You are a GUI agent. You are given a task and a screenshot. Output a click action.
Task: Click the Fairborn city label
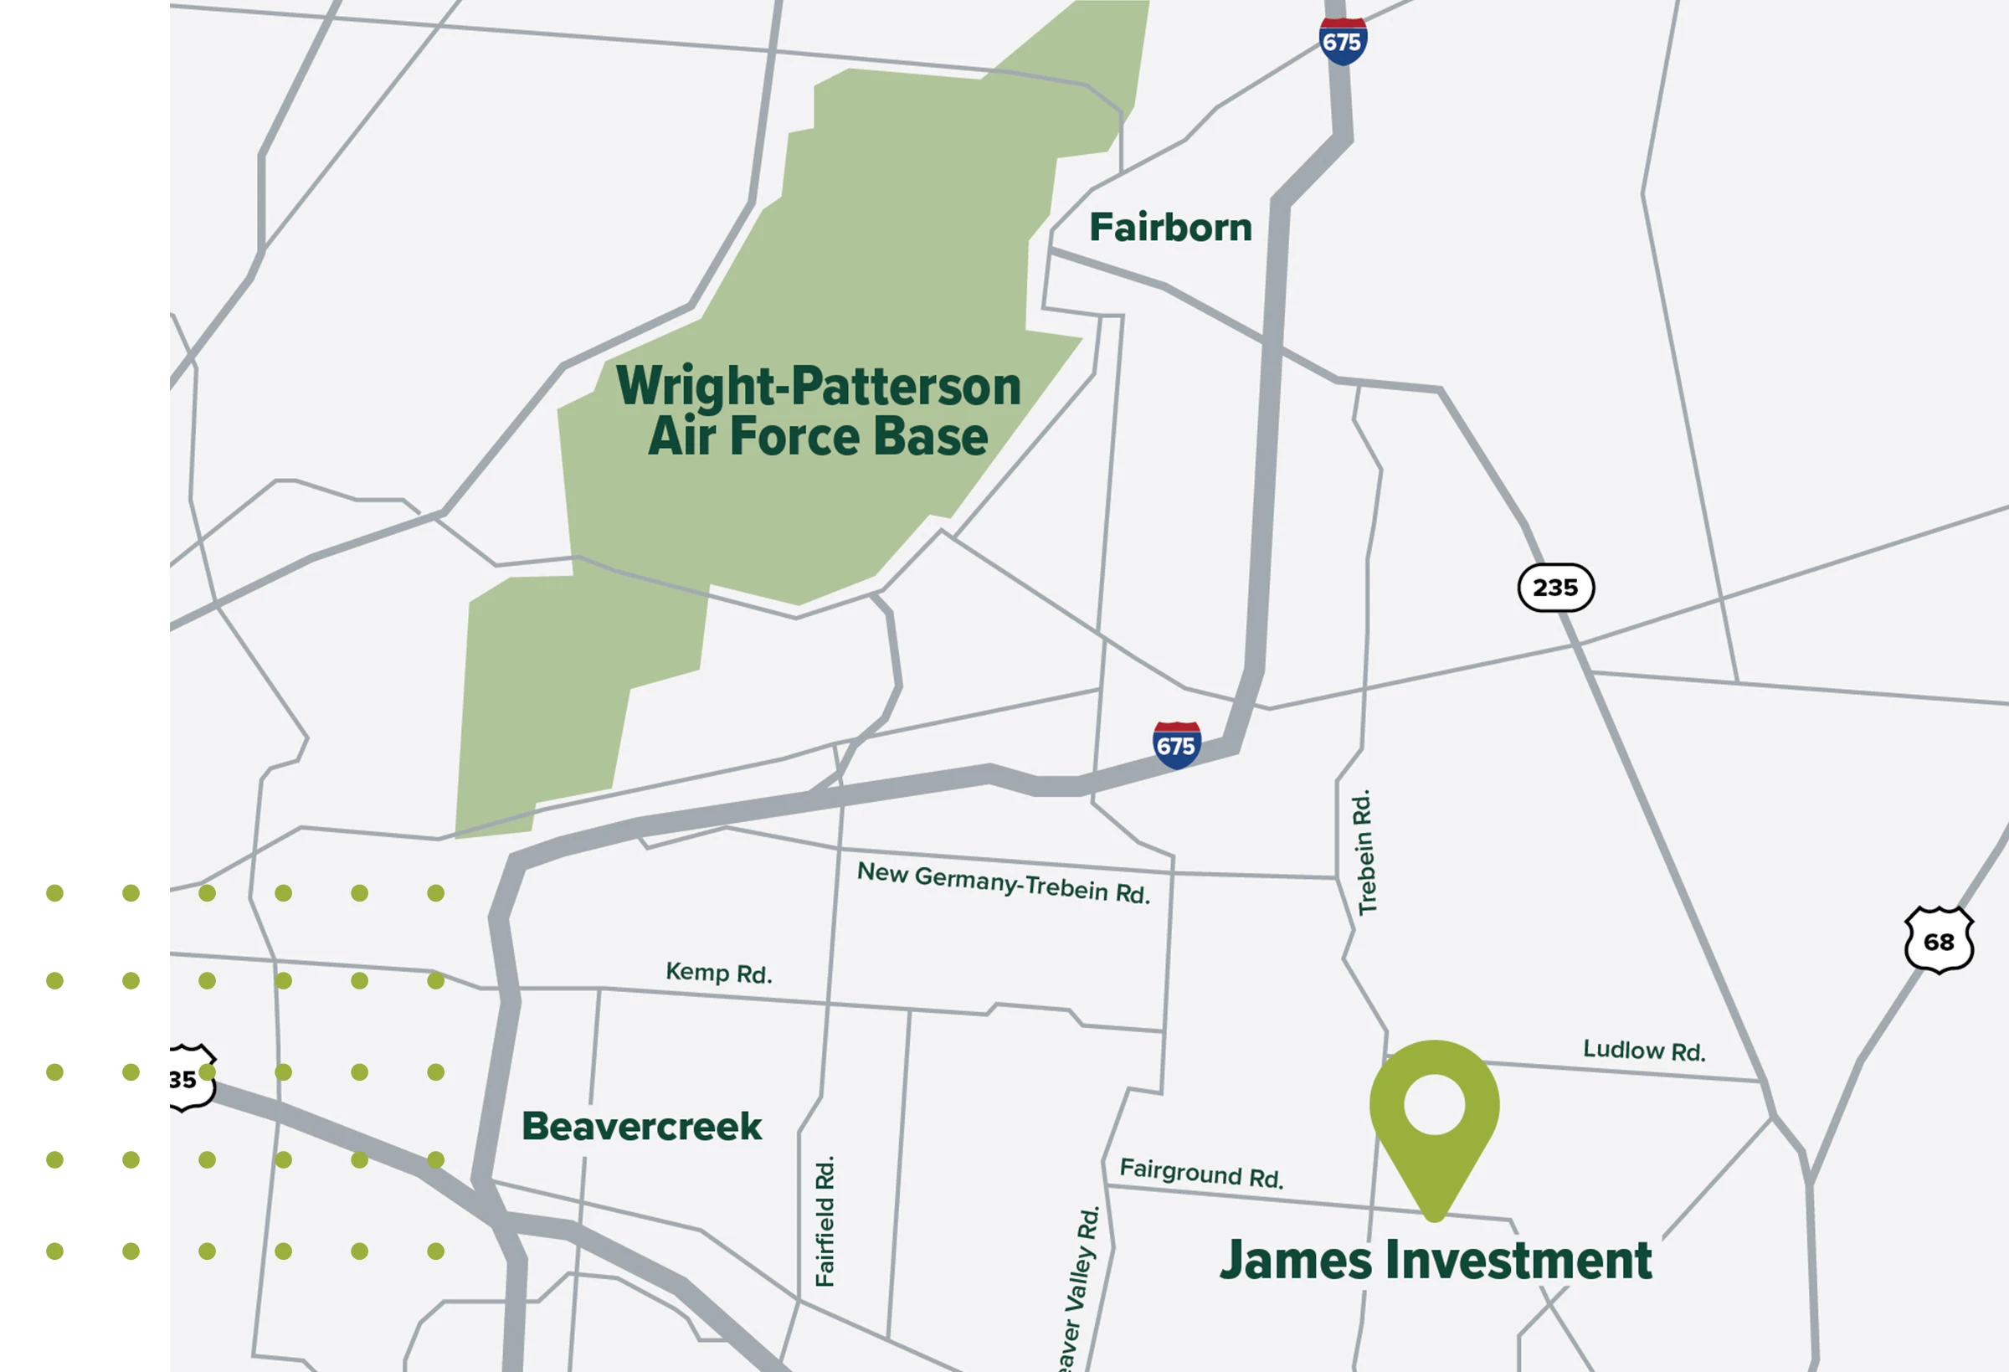1169,228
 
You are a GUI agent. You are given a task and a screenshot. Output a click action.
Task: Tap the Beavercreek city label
641,1127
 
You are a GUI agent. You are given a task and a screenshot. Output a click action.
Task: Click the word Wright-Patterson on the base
818,386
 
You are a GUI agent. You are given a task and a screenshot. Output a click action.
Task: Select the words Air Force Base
818,437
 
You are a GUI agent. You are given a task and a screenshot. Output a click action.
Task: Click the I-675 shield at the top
1343,41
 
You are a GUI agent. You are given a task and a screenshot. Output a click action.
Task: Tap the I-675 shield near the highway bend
1177,744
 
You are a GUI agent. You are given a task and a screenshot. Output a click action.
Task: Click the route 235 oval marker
1555,588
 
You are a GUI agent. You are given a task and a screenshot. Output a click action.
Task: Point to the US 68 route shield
1939,941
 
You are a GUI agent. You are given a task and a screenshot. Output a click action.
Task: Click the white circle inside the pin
1434,1104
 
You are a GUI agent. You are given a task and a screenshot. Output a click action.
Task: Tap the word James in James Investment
1295,1261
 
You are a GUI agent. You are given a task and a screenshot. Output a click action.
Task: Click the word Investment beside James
1518,1261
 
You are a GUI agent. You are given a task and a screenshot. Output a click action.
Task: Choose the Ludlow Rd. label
1643,1051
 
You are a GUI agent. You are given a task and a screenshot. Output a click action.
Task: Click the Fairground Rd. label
1200,1173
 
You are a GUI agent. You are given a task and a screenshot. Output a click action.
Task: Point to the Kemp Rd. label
718,973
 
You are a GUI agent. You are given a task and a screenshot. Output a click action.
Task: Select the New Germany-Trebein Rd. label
1003,882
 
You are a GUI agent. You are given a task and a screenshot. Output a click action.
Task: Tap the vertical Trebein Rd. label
1365,852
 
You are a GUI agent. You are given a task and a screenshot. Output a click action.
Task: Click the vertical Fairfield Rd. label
825,1220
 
